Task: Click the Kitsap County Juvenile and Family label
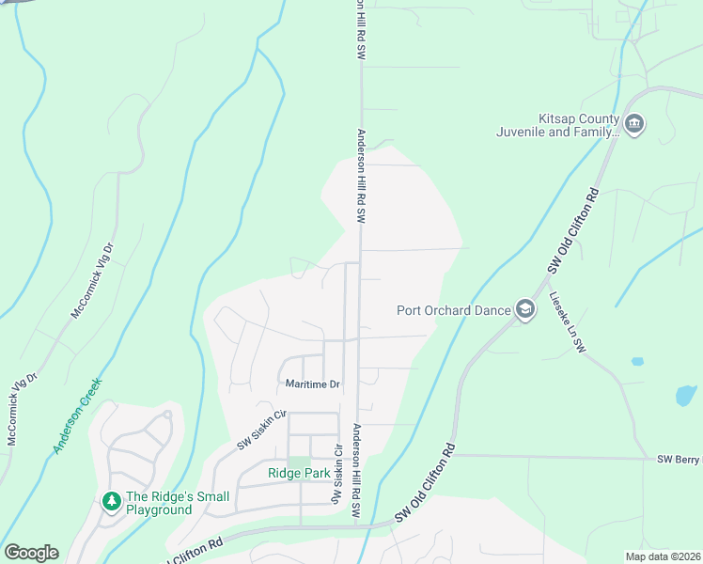click(557, 125)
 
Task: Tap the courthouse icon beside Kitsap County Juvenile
click(634, 125)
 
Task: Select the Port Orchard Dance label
click(452, 310)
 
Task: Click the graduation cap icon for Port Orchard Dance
click(524, 310)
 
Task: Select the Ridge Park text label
click(298, 474)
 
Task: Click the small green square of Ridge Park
click(298, 461)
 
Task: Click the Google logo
click(31, 553)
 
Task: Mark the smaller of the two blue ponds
click(638, 361)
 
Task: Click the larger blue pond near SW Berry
click(686, 395)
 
